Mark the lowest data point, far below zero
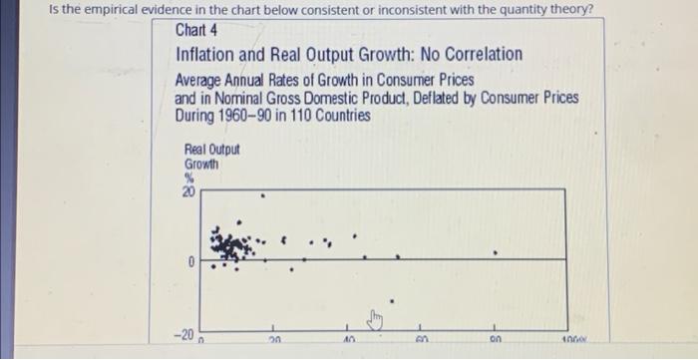pyautogui.click(x=392, y=299)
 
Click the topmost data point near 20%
pyautogui.click(x=263, y=195)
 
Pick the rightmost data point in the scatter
pyautogui.click(x=496, y=252)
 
